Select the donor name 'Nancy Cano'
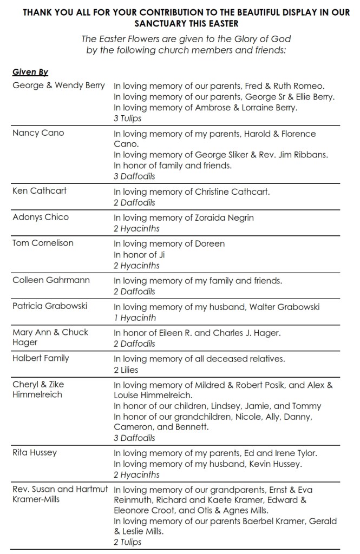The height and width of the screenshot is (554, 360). (38, 133)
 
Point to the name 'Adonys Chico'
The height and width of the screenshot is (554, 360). (41, 217)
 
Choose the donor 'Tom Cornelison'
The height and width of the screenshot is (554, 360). (43, 243)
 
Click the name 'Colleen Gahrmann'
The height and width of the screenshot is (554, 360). (51, 280)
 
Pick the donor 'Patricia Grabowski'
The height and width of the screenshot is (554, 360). (50, 306)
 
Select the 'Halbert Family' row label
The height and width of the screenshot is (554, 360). (41, 358)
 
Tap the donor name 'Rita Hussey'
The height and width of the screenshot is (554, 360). (35, 452)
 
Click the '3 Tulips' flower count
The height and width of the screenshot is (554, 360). (127, 118)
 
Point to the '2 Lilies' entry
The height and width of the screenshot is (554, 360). (126, 370)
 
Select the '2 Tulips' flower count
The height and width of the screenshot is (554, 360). (127, 542)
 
